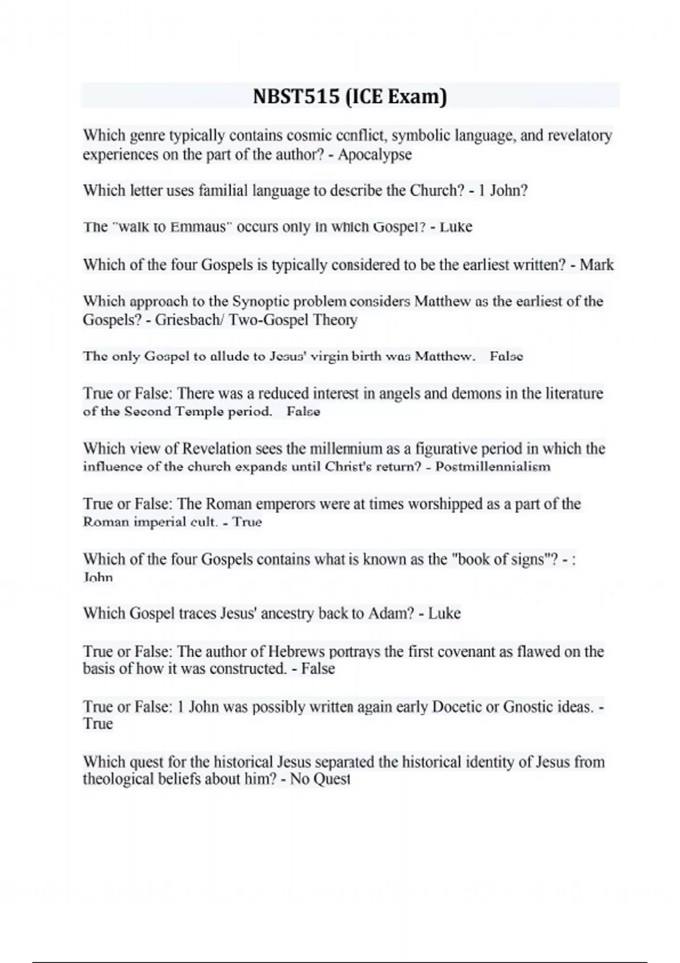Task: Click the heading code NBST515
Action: click(295, 97)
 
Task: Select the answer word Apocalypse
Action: click(375, 154)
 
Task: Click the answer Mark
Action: click(597, 265)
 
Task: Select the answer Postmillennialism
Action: click(492, 467)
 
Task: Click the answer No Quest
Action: click(320, 779)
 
